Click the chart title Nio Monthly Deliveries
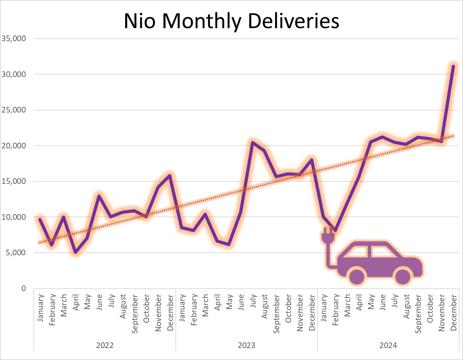pos(231,21)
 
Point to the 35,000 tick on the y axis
pos(14,39)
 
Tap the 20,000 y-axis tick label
pos(14,146)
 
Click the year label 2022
pos(105,345)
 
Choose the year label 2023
pos(246,345)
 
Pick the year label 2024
pos(388,345)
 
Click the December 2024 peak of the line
pos(453,66)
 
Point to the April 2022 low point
pos(75,252)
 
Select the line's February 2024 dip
pos(335,231)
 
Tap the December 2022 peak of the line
pos(170,175)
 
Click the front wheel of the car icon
pos(403,276)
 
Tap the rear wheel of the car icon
pos(357,276)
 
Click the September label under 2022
pos(135,314)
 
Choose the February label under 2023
pos(194,309)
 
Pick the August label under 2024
pos(406,307)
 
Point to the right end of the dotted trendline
pos(453,136)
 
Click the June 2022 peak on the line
pos(99,196)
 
